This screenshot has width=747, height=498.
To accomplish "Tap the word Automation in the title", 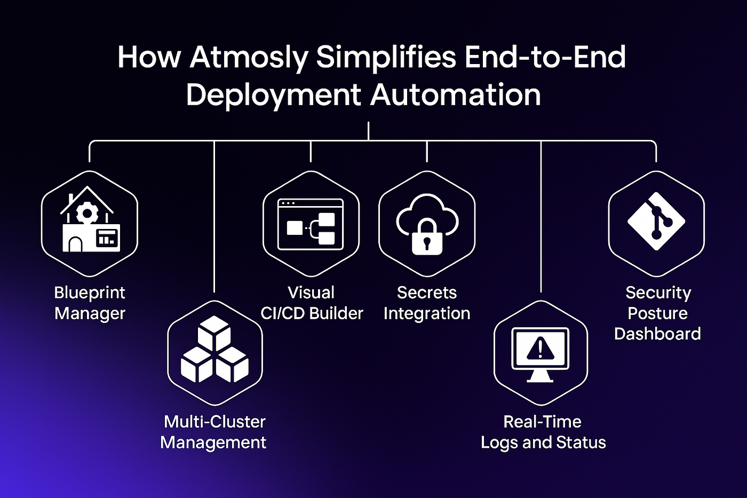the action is click(456, 95).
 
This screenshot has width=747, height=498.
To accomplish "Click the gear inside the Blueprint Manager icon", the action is click(87, 213).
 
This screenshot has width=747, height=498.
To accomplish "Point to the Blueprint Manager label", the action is click(90, 303).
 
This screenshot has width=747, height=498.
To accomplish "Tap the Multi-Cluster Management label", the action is click(213, 432).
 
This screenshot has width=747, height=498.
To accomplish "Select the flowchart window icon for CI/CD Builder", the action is click(311, 224).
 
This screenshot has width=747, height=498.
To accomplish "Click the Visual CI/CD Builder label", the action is click(312, 303).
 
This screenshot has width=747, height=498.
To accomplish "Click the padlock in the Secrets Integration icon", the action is click(427, 237).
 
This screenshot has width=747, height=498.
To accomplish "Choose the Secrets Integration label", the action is click(427, 303).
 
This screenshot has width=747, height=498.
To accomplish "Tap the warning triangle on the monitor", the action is click(540, 348).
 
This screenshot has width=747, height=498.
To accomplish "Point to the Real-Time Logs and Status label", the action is click(543, 432).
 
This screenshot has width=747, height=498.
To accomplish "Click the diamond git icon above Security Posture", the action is click(656, 221).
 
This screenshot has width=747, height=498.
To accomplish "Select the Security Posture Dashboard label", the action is click(657, 313).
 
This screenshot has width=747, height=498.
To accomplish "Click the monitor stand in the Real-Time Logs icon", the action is click(540, 376).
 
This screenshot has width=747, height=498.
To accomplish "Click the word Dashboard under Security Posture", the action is click(657, 334).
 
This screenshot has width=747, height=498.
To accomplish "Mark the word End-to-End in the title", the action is click(545, 57).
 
